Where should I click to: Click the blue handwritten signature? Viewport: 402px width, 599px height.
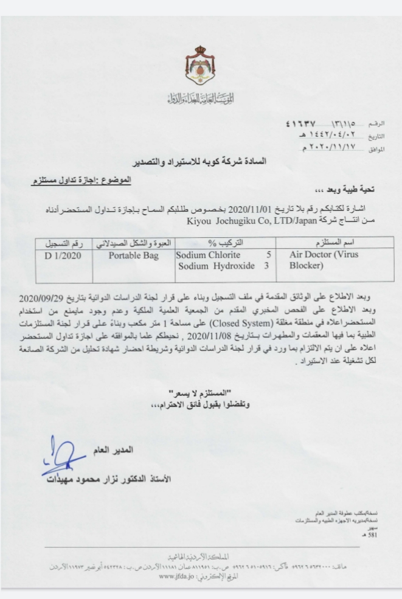(x=61, y=457)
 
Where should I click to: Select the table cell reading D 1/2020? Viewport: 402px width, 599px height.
(x=64, y=255)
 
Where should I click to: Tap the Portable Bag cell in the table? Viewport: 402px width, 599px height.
(x=133, y=255)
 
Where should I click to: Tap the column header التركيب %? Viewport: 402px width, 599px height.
(x=221, y=243)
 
